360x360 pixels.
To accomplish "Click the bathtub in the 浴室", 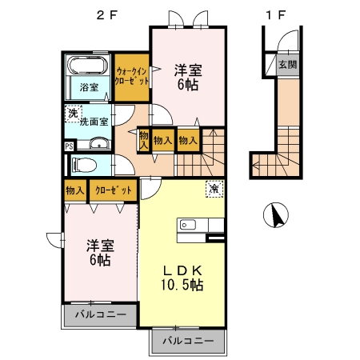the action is point(88,65).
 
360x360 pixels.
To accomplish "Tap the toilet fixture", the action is point(84,165).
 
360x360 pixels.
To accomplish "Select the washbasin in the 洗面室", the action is point(99,144).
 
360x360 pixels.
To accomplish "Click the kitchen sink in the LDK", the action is point(188,225).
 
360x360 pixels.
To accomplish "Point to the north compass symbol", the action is point(276,215).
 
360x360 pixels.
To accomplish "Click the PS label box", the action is point(69,146).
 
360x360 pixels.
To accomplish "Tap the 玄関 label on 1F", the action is point(288,65).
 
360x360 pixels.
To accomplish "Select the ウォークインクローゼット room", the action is point(132,78).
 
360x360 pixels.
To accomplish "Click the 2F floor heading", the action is point(107,15).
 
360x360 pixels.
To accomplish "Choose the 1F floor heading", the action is point(276,15).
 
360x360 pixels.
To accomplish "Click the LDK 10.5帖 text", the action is point(182,278).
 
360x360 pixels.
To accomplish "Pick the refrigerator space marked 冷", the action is point(214,189).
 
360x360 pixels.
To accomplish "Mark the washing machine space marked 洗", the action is point(74,114).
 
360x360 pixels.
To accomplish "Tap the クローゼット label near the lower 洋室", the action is point(114,190).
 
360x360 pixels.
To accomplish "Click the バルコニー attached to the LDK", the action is point(188,341).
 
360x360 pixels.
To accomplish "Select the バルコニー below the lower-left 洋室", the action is point(100,314).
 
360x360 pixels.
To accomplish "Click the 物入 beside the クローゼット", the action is point(75,190).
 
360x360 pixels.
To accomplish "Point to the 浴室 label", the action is point(89,87).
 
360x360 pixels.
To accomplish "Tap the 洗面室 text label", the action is point(94,122).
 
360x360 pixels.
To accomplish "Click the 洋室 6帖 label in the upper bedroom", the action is point(188,78).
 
